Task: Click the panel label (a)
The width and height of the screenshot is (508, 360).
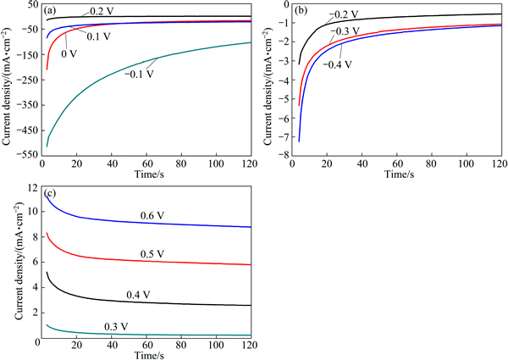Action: (x=50, y=12)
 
